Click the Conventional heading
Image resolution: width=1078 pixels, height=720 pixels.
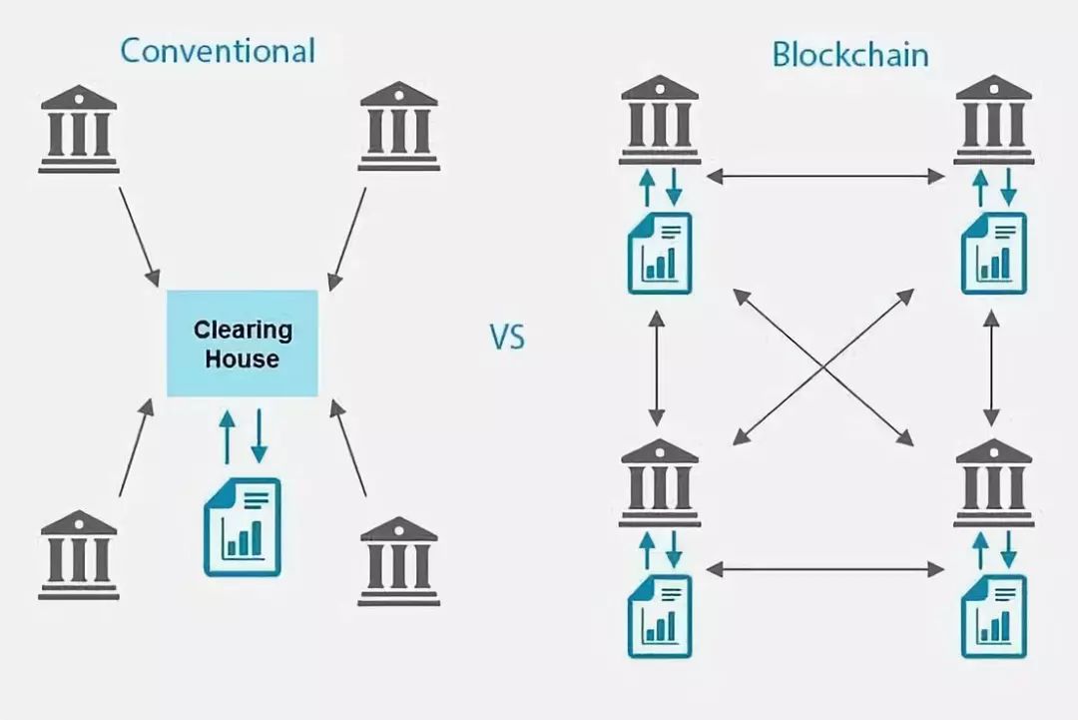click(218, 51)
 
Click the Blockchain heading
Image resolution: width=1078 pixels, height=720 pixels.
click(850, 54)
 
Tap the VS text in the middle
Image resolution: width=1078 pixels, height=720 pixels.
click(507, 337)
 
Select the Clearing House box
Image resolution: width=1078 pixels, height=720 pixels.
click(243, 344)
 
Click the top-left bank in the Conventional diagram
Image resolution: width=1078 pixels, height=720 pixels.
click(79, 129)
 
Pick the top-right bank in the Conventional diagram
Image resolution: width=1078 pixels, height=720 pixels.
click(398, 126)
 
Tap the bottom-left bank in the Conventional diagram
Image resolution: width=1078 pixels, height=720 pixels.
click(79, 555)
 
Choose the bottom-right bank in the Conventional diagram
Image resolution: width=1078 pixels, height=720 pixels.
click(398, 561)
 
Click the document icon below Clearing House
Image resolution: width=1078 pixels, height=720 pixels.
click(243, 526)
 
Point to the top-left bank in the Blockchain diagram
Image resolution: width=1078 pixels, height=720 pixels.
click(660, 120)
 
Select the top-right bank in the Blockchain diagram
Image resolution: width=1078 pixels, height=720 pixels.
click(993, 120)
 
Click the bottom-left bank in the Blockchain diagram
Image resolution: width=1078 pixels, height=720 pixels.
click(660, 482)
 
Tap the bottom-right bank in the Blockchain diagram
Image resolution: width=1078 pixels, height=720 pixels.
click(993, 482)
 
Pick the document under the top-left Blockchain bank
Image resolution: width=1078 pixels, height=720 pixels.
click(660, 253)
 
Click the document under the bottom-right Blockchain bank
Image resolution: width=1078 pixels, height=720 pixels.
click(994, 617)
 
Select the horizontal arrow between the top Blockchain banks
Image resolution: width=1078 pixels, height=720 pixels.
click(825, 177)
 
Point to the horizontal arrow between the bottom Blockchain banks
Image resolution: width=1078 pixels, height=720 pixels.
click(825, 569)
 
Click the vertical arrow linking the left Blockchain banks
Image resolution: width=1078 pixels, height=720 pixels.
click(657, 367)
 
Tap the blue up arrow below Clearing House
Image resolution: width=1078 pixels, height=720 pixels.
click(227, 436)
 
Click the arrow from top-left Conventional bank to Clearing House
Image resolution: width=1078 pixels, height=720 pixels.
click(140, 238)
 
